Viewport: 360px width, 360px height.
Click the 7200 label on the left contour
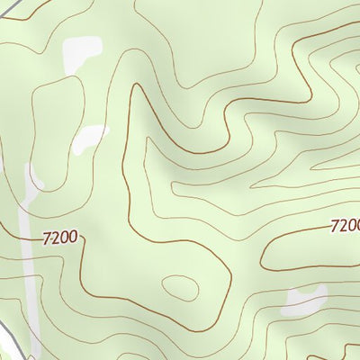[x=61, y=239]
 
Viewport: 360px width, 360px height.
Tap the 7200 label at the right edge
[x=346, y=226]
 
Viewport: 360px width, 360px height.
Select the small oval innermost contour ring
[x=180, y=289]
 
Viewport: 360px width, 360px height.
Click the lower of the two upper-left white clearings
[x=91, y=137]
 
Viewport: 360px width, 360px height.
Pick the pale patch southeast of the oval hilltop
[x=304, y=301]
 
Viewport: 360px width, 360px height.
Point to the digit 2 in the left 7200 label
[x=56, y=239]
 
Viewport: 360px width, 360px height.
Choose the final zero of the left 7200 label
[x=76, y=239]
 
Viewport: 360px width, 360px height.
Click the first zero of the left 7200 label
[x=66, y=239]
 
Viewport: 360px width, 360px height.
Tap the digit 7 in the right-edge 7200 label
[x=335, y=226]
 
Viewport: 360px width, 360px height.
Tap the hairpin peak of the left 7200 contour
[x=137, y=87]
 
